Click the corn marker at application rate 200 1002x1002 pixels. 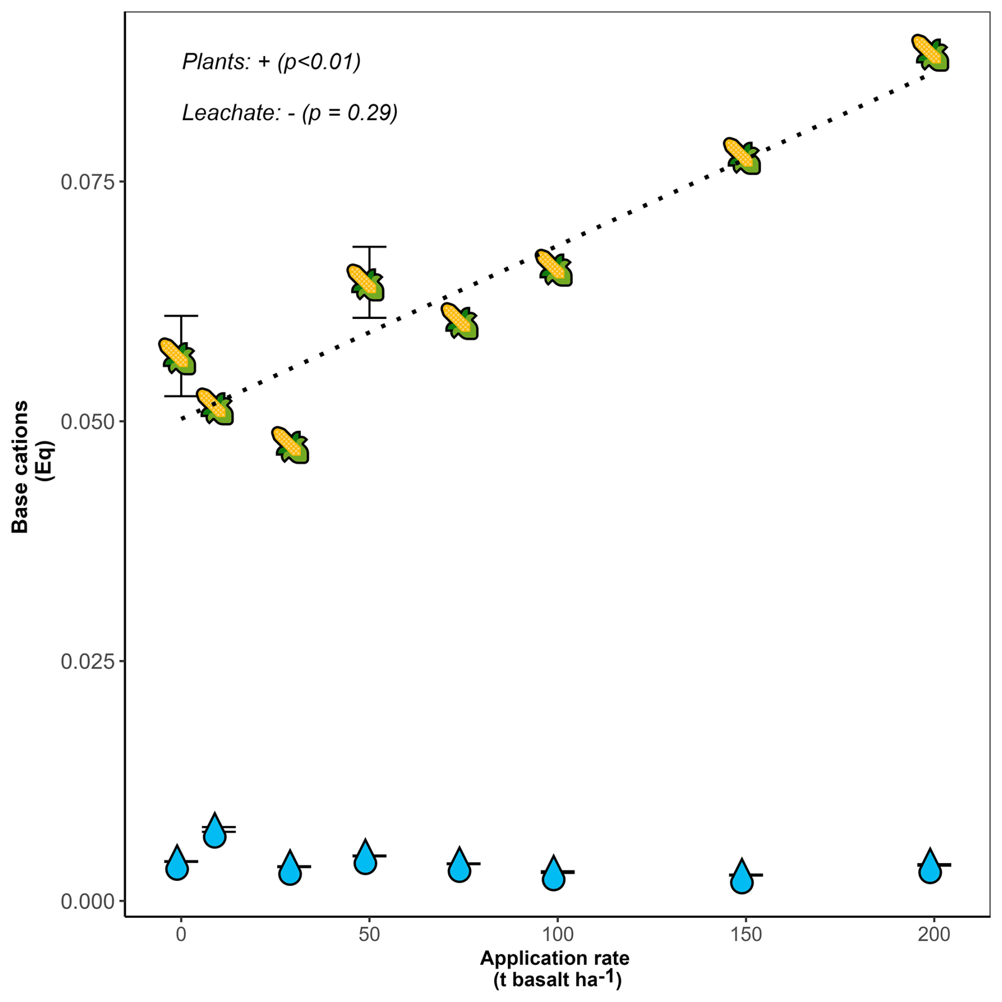[930, 53]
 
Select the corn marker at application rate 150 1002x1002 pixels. [742, 156]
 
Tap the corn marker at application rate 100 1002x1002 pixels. [554, 268]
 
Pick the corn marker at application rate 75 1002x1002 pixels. [460, 321]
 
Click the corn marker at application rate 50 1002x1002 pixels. [366, 282]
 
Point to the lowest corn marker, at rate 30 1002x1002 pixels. [291, 445]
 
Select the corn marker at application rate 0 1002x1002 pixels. [177, 356]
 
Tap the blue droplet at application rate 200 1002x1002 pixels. [930, 867]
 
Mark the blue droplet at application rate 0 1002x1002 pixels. [177, 864]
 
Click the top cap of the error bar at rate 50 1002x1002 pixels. [369, 247]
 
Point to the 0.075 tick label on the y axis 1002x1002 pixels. [87, 182]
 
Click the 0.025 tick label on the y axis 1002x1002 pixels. [87, 661]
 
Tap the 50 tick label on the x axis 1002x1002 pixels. [369, 934]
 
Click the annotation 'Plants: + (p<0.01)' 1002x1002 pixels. [271, 62]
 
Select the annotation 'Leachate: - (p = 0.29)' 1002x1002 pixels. [290, 113]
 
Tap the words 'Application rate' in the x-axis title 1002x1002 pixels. [554, 958]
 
